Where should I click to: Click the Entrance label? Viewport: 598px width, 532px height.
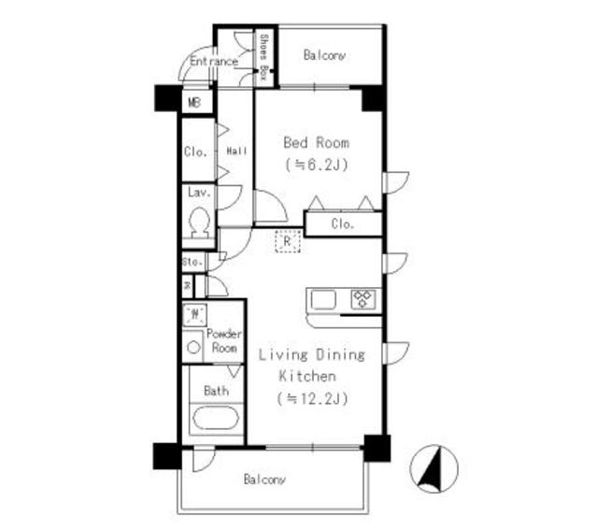click(213, 62)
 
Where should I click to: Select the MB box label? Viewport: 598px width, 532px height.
click(195, 101)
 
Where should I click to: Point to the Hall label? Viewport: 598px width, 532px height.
click(236, 151)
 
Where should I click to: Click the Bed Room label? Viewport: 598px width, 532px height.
click(317, 143)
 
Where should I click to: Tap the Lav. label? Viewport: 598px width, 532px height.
click(197, 193)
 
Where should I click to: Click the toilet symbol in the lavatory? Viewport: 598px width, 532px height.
click(198, 223)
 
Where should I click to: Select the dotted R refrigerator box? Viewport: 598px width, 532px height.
click(288, 242)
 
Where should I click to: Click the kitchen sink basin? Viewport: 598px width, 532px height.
click(323, 300)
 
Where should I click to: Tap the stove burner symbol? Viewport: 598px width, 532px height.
click(362, 300)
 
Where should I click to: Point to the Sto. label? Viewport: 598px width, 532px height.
click(193, 262)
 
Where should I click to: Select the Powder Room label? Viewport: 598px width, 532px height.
click(223, 340)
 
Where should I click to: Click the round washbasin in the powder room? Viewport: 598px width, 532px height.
click(194, 347)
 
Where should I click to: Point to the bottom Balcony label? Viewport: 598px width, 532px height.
click(264, 480)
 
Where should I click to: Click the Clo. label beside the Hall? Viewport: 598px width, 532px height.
click(195, 151)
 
